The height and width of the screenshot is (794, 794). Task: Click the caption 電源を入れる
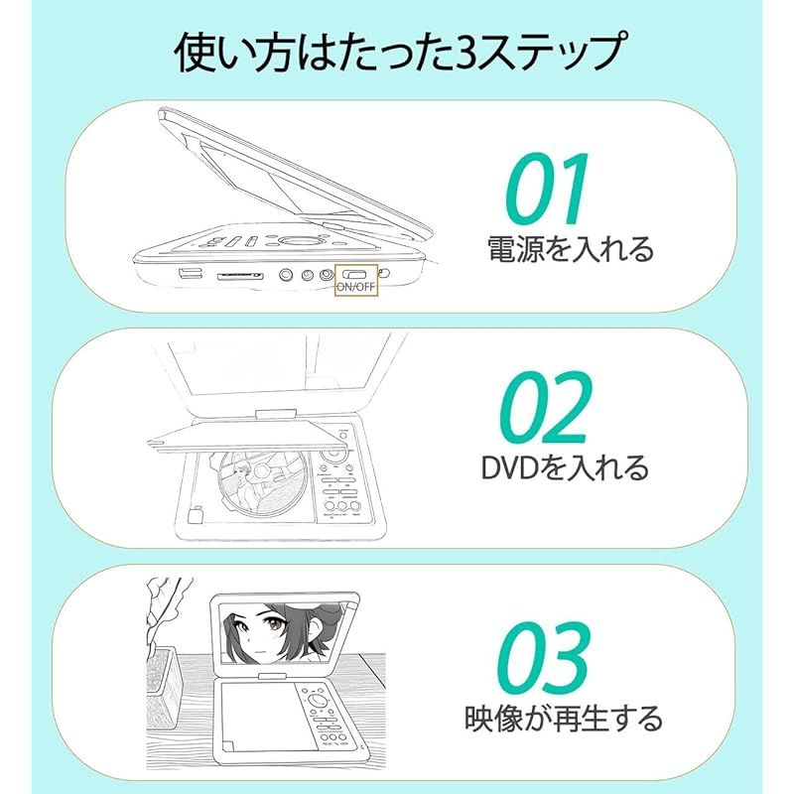[571, 247]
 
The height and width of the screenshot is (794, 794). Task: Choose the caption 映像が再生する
[564, 717]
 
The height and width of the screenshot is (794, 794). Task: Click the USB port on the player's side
[190, 274]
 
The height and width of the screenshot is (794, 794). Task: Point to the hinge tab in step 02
[274, 414]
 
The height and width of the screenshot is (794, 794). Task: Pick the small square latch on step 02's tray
[195, 515]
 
